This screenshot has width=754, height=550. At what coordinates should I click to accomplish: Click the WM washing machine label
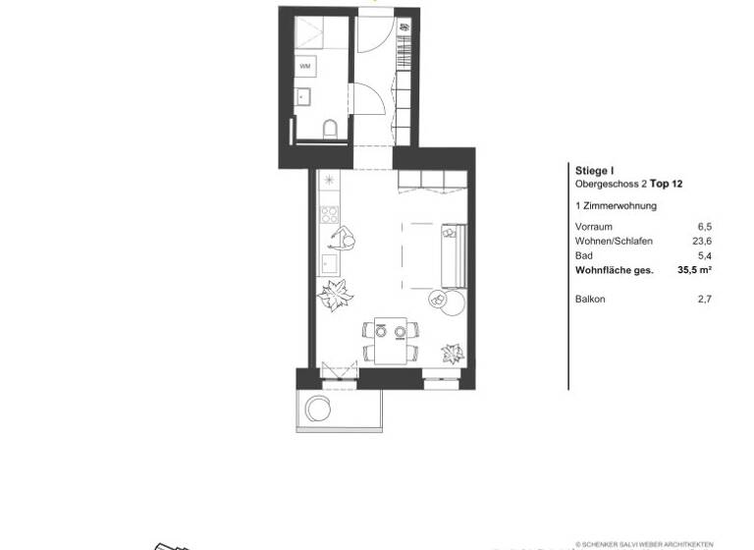pyautogui.click(x=304, y=65)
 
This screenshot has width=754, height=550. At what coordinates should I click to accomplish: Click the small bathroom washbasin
pyautogui.click(x=302, y=95)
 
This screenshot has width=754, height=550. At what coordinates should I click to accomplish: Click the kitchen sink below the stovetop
pyautogui.click(x=329, y=264)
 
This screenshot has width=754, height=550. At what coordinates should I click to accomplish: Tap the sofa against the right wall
pyautogui.click(x=453, y=253)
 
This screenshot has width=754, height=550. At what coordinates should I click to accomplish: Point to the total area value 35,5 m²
pyautogui.click(x=693, y=268)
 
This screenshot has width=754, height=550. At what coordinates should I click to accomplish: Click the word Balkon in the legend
pyautogui.click(x=590, y=298)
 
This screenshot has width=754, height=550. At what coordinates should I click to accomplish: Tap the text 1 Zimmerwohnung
pyautogui.click(x=616, y=206)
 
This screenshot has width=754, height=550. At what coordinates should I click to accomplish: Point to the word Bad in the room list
pyautogui.click(x=583, y=254)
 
